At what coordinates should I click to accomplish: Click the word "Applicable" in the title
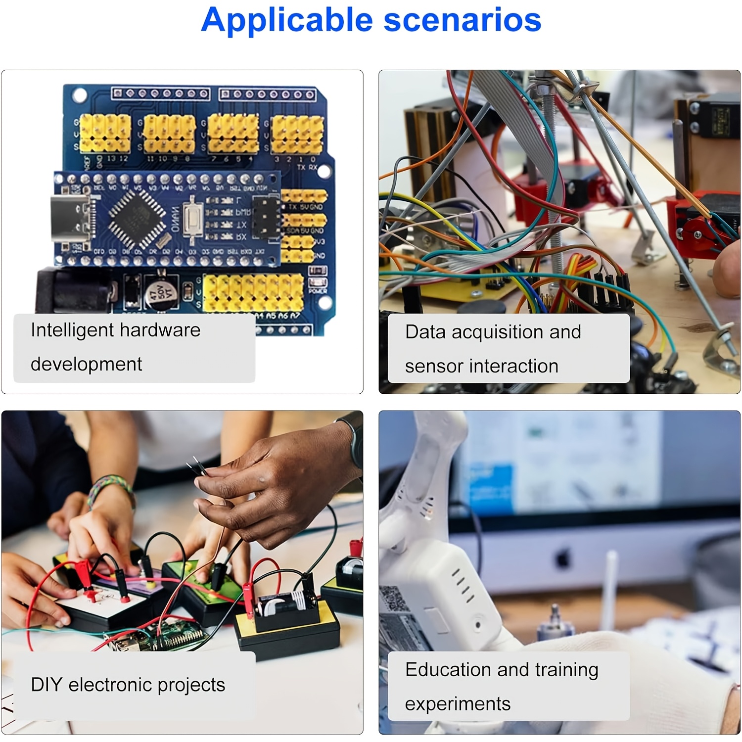[x=287, y=21]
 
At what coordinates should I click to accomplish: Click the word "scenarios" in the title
[x=462, y=21]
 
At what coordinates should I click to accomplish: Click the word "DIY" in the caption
[x=46, y=685]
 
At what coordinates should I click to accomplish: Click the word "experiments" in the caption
[x=458, y=704]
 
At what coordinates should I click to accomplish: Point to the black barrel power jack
[x=74, y=292]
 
